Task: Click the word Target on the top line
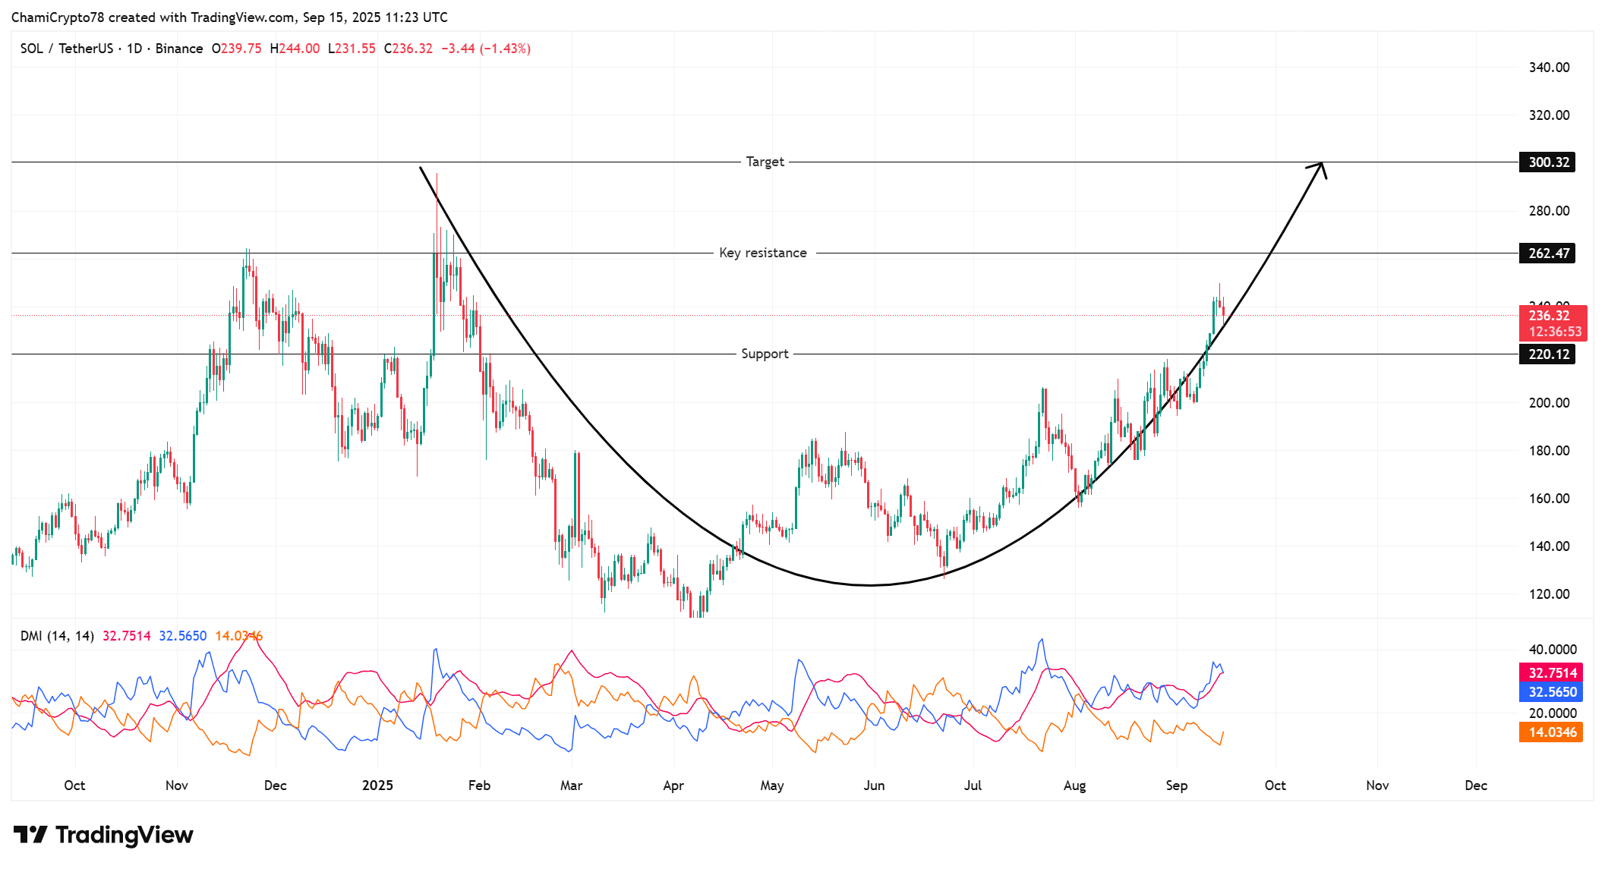point(765,162)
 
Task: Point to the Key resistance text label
point(762,253)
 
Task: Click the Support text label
point(765,354)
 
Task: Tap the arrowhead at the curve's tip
point(1321,166)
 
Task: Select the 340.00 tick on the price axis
point(1549,68)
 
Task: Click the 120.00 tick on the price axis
point(1549,594)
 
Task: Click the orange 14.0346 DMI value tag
point(1551,732)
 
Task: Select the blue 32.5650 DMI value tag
point(1551,692)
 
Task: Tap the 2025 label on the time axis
point(377,786)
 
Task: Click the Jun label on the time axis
point(874,786)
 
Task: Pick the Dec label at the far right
point(1475,786)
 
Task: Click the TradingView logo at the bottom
point(103,835)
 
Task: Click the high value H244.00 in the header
point(295,49)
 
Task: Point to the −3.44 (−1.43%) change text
point(485,49)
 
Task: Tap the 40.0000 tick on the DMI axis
point(1552,650)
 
